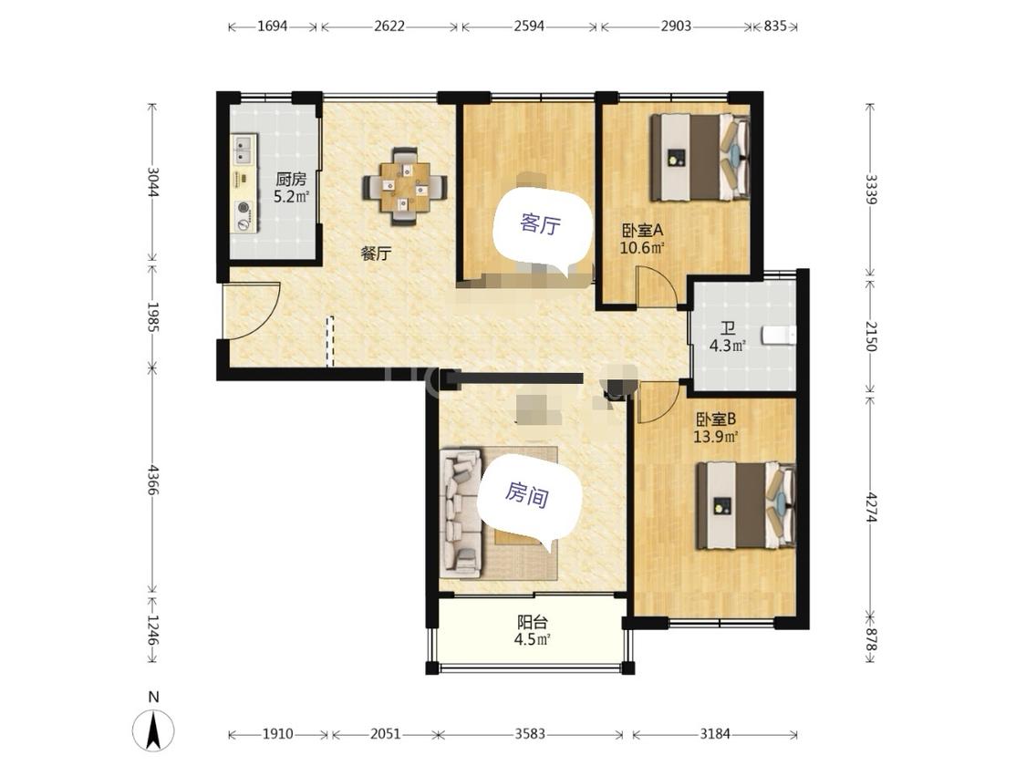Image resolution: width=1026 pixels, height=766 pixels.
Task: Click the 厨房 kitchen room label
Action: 291,179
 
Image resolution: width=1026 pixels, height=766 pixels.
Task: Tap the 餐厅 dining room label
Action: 377,254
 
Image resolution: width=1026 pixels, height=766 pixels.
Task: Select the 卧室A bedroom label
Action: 643,231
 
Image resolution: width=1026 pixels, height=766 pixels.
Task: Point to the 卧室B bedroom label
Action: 716,419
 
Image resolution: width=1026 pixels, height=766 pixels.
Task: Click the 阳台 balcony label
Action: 532,622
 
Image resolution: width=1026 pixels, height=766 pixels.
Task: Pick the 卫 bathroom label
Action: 728,327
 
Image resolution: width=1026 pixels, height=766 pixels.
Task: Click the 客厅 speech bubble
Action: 540,226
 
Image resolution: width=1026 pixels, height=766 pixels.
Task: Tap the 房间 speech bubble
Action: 528,496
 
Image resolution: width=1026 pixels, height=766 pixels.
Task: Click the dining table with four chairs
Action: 405,186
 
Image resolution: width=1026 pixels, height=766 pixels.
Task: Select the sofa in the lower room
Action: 462,512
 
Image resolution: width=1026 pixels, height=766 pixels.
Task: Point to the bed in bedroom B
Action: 746,506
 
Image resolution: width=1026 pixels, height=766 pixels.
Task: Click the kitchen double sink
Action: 244,150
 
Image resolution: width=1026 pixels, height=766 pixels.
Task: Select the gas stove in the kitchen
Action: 244,216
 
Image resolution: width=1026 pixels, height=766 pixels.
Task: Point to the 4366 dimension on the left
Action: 151,481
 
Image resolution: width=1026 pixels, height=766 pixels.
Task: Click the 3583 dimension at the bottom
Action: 530,734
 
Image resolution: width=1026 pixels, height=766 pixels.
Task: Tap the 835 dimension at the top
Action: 774,26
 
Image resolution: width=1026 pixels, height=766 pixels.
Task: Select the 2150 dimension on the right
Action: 870,336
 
